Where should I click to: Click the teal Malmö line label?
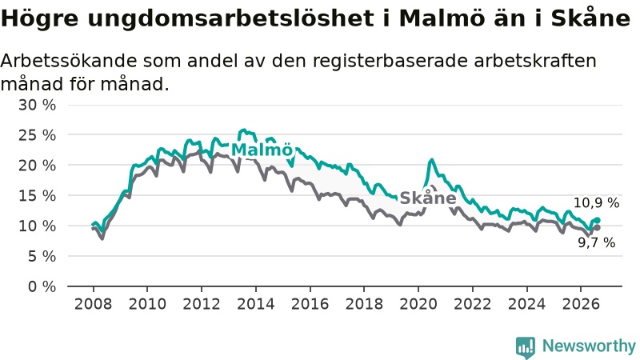[x=262, y=150]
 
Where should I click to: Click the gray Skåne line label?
[x=428, y=198]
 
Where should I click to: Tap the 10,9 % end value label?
[x=596, y=203]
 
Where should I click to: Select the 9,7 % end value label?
[x=596, y=243]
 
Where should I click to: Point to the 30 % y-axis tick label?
[x=37, y=105]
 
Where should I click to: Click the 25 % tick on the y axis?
[x=37, y=135]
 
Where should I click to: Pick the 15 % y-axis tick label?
[x=37, y=195]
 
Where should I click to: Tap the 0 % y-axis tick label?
[x=42, y=286]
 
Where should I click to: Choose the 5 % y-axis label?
[x=42, y=256]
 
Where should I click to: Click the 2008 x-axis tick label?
[x=93, y=304]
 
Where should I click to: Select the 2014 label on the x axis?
[x=256, y=304]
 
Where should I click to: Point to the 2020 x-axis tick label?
[x=418, y=304]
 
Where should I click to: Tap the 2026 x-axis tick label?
[x=581, y=304]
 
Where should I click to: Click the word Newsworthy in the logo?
[x=589, y=346]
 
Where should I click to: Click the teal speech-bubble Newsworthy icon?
[x=526, y=347]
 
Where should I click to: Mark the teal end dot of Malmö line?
[x=598, y=221]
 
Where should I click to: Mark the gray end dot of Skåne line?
[x=598, y=228]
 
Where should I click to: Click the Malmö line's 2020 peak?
[x=431, y=160]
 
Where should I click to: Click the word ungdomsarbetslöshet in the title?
[x=230, y=18]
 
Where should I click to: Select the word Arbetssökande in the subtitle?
[x=69, y=62]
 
